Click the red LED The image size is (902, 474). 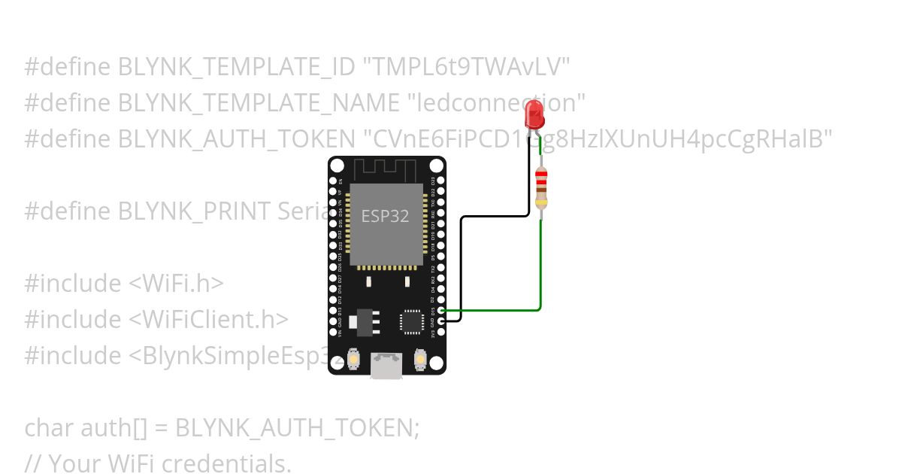(x=534, y=114)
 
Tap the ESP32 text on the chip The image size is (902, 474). (x=385, y=216)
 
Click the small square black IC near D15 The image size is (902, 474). (x=412, y=321)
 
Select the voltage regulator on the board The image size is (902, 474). (x=366, y=319)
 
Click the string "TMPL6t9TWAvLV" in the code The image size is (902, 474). (x=466, y=68)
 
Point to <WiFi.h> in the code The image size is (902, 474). (x=176, y=284)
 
